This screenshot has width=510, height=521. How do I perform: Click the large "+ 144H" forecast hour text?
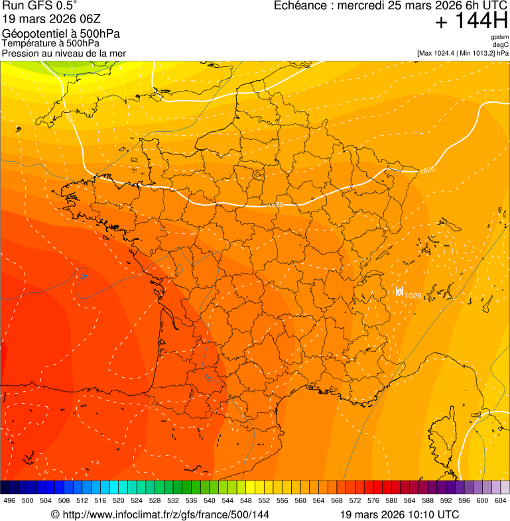click(x=471, y=22)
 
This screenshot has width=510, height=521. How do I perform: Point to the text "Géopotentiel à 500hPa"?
click(x=52, y=34)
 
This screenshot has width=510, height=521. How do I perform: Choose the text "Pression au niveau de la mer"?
click(x=64, y=53)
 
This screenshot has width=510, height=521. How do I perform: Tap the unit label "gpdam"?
click(x=499, y=37)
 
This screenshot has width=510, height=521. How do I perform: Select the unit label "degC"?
click(x=501, y=44)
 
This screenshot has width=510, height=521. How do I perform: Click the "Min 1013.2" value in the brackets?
click(x=477, y=52)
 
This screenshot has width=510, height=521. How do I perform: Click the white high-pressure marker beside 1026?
click(x=399, y=291)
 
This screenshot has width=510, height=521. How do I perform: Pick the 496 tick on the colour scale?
click(x=9, y=501)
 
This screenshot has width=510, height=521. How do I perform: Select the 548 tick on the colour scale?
click(x=246, y=501)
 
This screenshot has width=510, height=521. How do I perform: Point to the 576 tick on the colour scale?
click(x=373, y=501)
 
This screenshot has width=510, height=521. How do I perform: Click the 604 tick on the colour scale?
click(x=501, y=501)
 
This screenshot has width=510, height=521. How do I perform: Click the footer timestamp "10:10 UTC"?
click(x=436, y=514)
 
